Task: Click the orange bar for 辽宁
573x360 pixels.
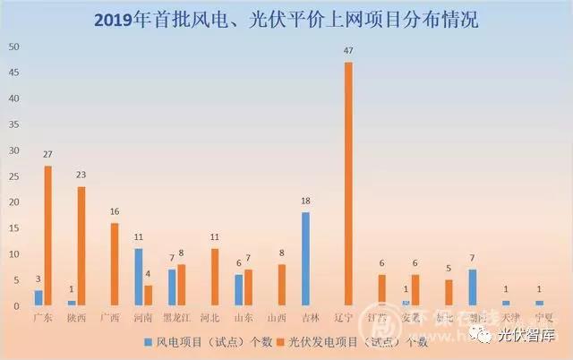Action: pos(348,184)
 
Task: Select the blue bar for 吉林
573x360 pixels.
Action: pos(305,259)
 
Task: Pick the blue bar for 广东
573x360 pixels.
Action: pos(38,298)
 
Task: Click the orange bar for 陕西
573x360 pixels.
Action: pos(81,246)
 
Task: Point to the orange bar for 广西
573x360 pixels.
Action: pos(115,264)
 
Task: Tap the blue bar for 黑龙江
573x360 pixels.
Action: pos(172,287)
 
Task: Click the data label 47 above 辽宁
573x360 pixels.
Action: pos(348,51)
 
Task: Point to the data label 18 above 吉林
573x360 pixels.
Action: pos(305,202)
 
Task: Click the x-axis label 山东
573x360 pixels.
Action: pos(243,318)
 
